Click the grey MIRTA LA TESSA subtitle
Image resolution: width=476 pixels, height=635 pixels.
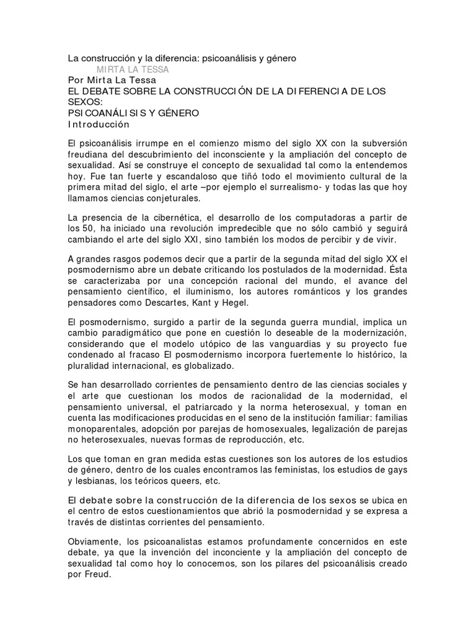pyautogui.click(x=133, y=69)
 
